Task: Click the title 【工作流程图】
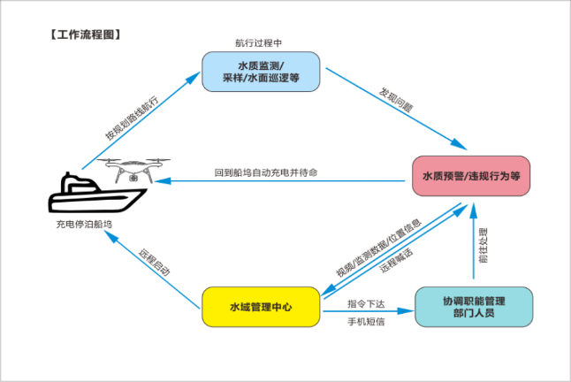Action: pos(83,35)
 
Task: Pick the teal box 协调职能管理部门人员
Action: pos(474,307)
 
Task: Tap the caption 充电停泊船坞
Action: pos(84,225)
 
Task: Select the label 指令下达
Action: pos(367,301)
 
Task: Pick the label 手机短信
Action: pos(367,321)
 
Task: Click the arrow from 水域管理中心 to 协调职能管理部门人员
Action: pos(367,310)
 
